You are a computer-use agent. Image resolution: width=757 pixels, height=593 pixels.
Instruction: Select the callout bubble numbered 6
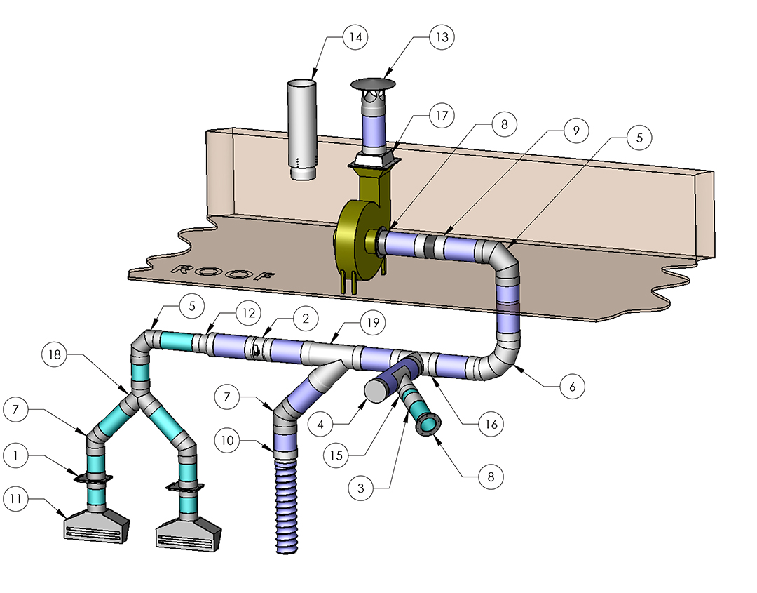pos(573,387)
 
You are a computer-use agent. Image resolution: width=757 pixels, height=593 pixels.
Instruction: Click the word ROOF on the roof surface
pos(224,273)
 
